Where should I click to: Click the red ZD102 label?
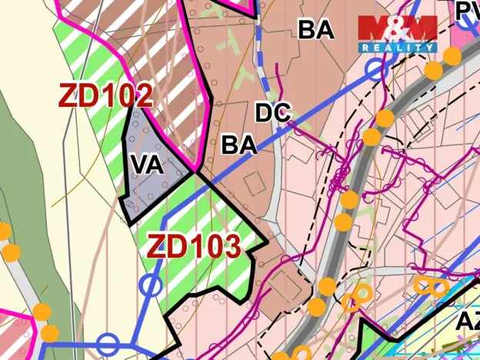coord(105,96)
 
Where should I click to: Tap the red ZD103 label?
coord(193,247)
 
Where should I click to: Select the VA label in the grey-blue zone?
coord(146,165)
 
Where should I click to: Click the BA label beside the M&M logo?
coord(316,30)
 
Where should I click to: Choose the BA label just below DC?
coord(238,145)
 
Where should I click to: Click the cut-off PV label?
coord(466,11)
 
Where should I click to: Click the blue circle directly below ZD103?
coord(152,286)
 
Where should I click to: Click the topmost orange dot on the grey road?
coord(452,55)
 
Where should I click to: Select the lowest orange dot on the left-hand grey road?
coord(49,333)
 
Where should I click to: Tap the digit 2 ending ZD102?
coord(142,96)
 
